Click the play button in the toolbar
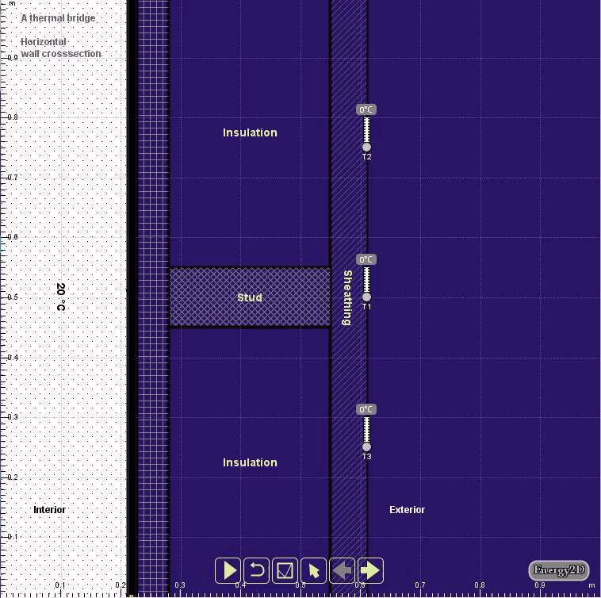click(x=228, y=569)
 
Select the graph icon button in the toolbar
click(x=285, y=569)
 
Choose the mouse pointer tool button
click(x=314, y=569)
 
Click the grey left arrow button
click(x=343, y=569)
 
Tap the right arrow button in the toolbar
click(x=370, y=569)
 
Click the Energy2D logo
click(x=559, y=570)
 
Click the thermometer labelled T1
click(x=366, y=284)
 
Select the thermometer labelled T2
click(x=366, y=133)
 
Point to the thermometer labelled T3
click(x=366, y=433)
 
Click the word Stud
click(x=250, y=297)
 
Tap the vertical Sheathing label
click(x=347, y=297)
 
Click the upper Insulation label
click(x=250, y=132)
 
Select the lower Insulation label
click(x=250, y=462)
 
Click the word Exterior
click(x=407, y=510)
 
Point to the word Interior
click(x=49, y=510)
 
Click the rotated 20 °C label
click(x=60, y=297)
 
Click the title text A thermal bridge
click(x=58, y=18)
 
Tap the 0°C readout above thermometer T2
click(x=366, y=110)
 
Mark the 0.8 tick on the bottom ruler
click(x=480, y=585)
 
